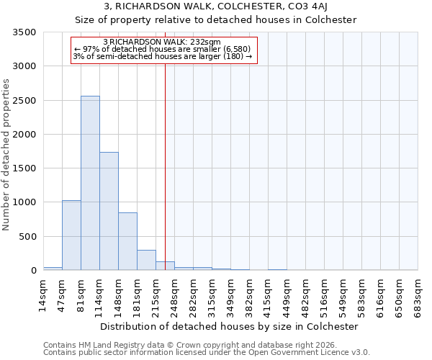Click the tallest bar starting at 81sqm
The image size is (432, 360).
(x=90, y=183)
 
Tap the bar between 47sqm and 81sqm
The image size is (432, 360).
(x=71, y=235)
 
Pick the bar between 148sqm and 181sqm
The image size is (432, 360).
(x=127, y=241)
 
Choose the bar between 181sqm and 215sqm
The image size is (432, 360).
(x=146, y=260)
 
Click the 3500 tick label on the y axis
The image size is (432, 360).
(x=25, y=33)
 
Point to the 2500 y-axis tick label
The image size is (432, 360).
(x=25, y=101)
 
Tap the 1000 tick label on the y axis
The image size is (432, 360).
(x=25, y=202)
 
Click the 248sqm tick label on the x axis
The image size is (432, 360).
(x=174, y=294)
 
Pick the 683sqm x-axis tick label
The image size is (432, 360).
(x=418, y=294)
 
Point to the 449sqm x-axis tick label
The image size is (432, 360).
(x=287, y=294)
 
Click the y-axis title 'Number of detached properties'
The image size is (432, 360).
(x=7, y=152)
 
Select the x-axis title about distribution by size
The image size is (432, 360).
(x=229, y=327)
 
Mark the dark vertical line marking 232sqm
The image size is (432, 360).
(x=165, y=166)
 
